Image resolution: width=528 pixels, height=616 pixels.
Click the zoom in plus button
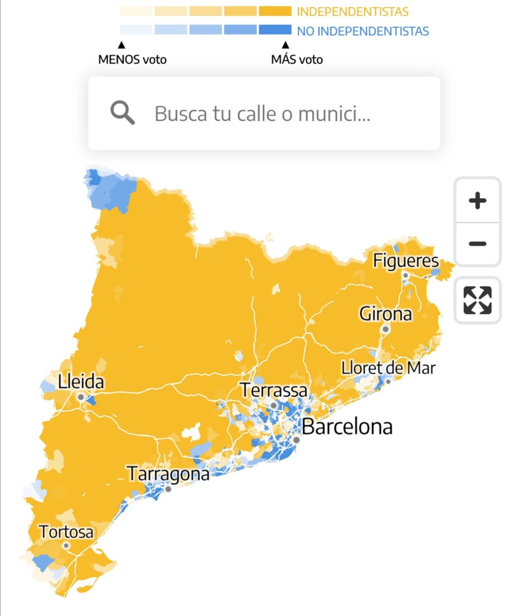click(x=477, y=201)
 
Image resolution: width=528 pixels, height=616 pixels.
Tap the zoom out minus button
click(x=477, y=244)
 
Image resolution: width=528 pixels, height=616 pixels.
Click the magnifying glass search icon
click(x=123, y=113)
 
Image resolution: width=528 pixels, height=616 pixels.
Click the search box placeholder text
click(x=262, y=113)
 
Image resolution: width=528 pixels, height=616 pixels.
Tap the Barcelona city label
click(x=347, y=427)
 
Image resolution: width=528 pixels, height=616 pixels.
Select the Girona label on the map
click(x=385, y=313)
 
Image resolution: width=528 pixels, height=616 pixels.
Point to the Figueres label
click(x=405, y=260)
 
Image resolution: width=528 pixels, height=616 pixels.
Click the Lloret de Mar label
click(x=388, y=368)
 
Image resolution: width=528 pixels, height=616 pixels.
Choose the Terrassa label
click(x=274, y=390)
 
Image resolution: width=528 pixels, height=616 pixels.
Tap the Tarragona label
click(x=168, y=473)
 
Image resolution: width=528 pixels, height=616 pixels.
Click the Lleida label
click(x=81, y=382)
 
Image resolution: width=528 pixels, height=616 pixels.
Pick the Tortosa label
click(x=66, y=532)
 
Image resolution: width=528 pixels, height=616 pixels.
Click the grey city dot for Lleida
click(x=81, y=397)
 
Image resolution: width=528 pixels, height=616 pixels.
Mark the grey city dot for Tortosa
click(x=66, y=546)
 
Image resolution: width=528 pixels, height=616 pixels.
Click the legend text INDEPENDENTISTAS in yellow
click(x=353, y=11)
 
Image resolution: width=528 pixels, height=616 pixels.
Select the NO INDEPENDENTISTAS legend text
click(x=363, y=31)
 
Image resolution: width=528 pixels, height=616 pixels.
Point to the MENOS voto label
click(x=132, y=60)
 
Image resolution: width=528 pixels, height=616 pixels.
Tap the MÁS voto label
click(x=297, y=60)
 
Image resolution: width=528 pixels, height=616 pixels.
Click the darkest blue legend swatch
click(x=275, y=30)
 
